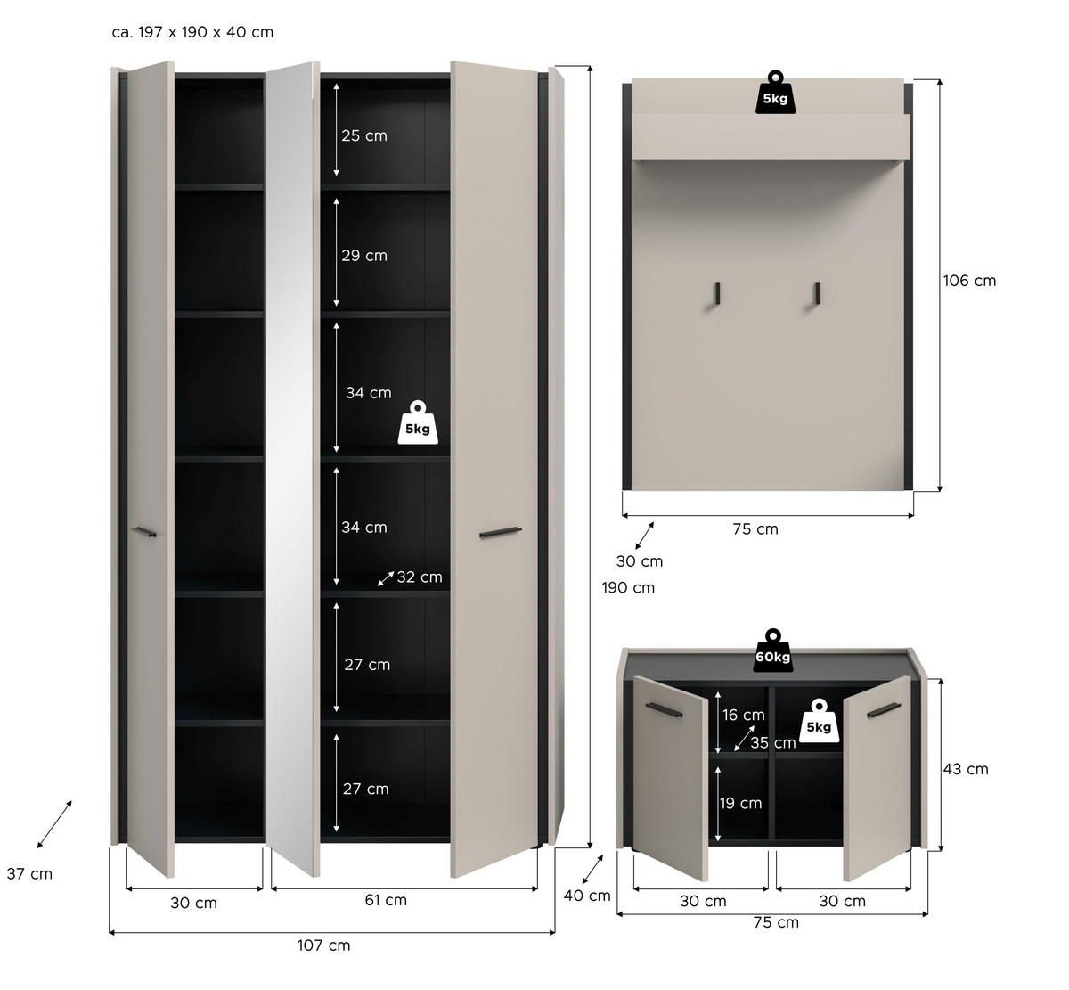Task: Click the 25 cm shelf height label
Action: coord(364,135)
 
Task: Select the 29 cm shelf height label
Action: coord(364,256)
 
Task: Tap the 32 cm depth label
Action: coord(420,577)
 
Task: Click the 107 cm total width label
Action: coord(324,945)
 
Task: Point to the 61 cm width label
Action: coord(386,899)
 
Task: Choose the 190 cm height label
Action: coord(628,587)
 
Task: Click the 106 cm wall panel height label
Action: coord(969,281)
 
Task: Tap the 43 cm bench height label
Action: coord(966,769)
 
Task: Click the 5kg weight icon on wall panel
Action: coord(775,93)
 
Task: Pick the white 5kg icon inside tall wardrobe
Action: coord(418,423)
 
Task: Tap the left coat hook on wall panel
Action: coord(716,295)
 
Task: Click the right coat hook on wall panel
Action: coord(816,295)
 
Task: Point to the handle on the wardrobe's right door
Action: coord(501,532)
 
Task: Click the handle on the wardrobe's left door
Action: coord(143,532)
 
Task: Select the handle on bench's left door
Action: coord(664,710)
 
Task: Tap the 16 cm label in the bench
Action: coord(743,715)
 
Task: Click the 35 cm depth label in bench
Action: coord(773,743)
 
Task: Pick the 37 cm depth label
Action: coord(29,873)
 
